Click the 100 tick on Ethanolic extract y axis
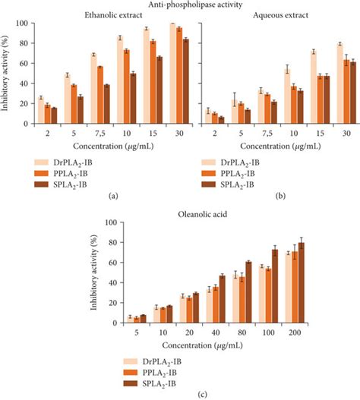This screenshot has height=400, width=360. point(24,24)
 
